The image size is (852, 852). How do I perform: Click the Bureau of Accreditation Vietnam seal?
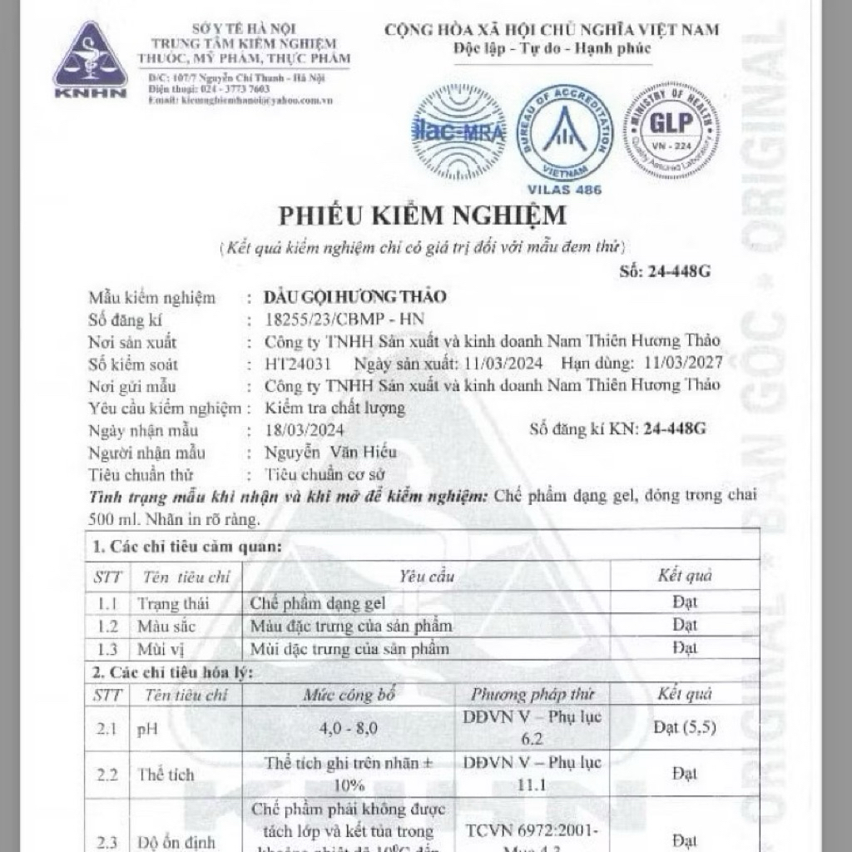[564, 132]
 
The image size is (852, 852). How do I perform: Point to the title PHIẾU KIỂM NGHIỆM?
[422, 215]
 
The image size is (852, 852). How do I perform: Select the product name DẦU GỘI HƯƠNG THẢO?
[354, 297]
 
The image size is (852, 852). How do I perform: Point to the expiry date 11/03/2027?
[679, 364]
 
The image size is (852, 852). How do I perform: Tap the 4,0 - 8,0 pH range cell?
[349, 728]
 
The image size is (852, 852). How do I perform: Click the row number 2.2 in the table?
[106, 775]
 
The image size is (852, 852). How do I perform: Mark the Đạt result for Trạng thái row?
[684, 602]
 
